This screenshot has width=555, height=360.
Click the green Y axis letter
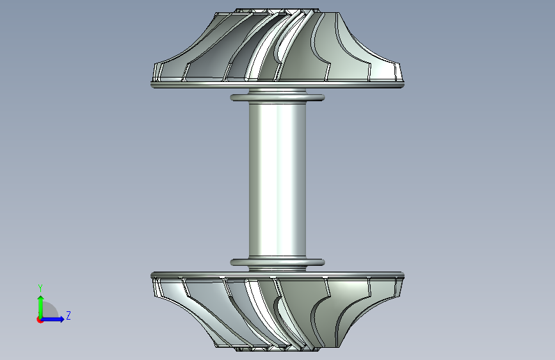tap(40, 288)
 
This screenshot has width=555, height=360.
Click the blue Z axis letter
tap(68, 315)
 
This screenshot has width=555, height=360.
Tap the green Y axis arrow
tap(41, 307)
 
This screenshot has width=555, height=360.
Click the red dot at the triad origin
tap(40, 320)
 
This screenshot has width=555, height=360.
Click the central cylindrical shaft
tap(277, 179)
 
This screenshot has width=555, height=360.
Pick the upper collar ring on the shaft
tap(277, 97)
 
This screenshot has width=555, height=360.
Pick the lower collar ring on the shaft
tap(277, 262)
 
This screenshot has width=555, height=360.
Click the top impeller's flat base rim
tap(277, 85)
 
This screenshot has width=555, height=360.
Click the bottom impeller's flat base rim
tap(277, 275)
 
